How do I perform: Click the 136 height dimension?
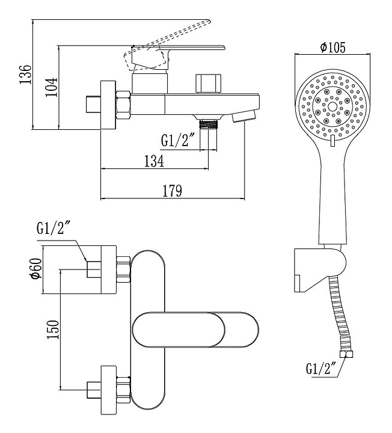pos(25,75)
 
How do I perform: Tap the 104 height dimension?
pos(52,87)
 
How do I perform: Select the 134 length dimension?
pos(154,161)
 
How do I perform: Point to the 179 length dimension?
pos(172,191)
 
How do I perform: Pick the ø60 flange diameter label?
pos(37,268)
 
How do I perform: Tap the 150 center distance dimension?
pos(53,330)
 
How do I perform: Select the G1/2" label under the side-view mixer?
pos(175,140)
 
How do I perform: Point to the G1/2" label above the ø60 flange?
pos(53,228)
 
